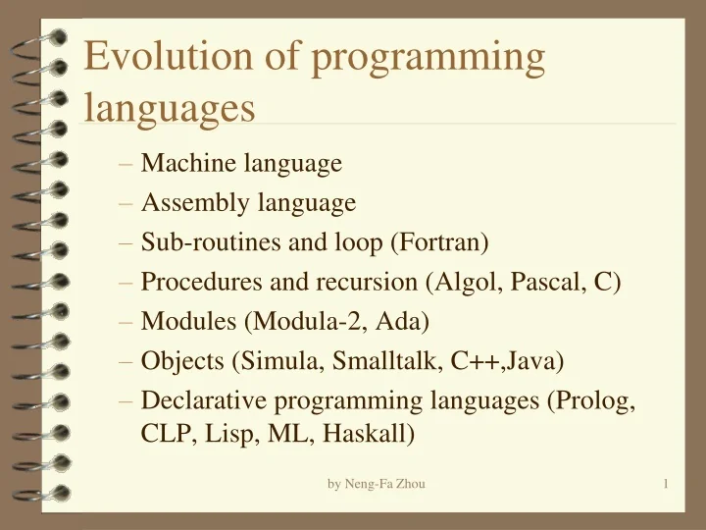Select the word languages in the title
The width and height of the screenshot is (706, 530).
tap(170, 107)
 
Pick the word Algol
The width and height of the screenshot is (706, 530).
tap(465, 282)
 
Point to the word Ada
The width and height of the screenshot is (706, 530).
tap(406, 321)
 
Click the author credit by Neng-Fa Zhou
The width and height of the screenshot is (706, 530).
tap(377, 483)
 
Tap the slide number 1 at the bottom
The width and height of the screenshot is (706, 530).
tap(666, 483)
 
